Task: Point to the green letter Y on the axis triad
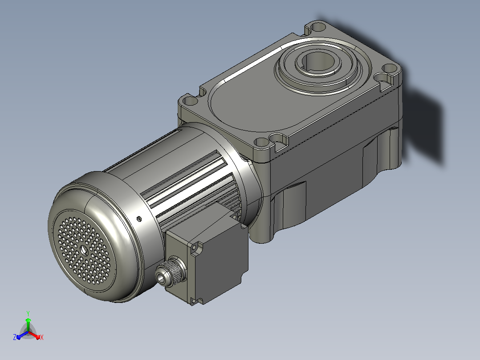(28, 313)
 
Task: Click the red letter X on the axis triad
(42, 337)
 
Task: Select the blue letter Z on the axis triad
(15, 337)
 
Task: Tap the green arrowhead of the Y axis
(28, 320)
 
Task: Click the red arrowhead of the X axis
(38, 337)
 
